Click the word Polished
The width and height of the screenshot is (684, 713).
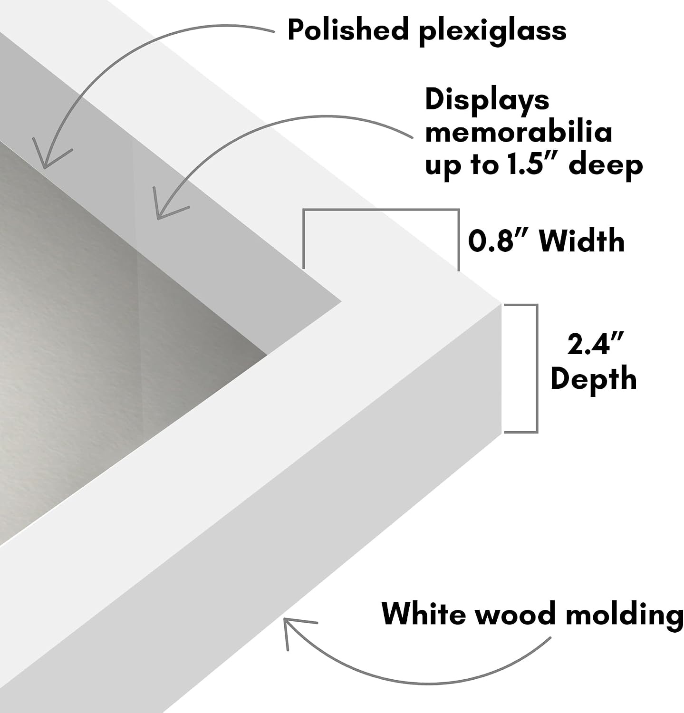tap(348, 29)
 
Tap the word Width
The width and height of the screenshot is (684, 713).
tap(582, 241)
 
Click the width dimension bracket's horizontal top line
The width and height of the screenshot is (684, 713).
tap(381, 209)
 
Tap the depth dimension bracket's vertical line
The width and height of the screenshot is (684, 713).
tap(537, 368)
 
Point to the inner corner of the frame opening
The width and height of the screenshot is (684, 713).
tap(341, 301)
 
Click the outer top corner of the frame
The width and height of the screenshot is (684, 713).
tap(501, 303)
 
